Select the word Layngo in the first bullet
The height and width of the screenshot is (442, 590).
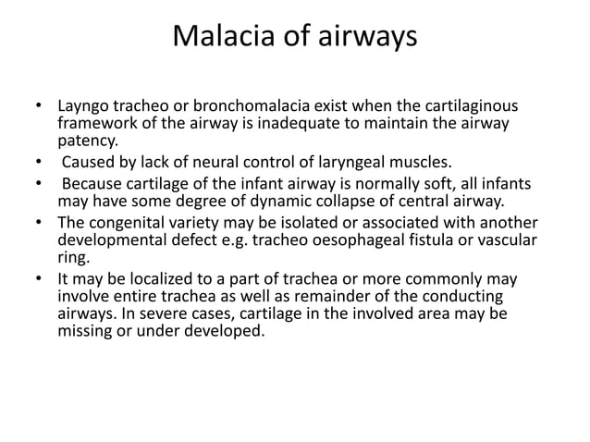click(x=86, y=107)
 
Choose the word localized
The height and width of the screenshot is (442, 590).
click(x=148, y=280)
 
